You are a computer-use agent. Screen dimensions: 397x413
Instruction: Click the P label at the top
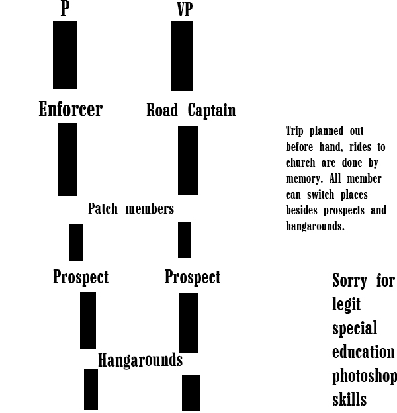pyautogui.click(x=65, y=9)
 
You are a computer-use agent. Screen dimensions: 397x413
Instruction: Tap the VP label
pyautogui.click(x=185, y=9)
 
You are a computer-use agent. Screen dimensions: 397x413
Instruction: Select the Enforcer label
pyautogui.click(x=71, y=109)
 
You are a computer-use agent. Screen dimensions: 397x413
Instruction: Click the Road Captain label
pyautogui.click(x=191, y=110)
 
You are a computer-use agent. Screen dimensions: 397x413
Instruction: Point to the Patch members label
pyautogui.click(x=131, y=208)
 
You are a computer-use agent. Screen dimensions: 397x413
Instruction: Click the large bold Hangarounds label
pyautogui.click(x=140, y=360)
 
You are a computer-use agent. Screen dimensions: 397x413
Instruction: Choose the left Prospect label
pyautogui.click(x=81, y=277)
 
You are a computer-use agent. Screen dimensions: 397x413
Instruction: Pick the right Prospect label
pyautogui.click(x=193, y=277)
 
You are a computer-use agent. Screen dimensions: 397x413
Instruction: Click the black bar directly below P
pyautogui.click(x=65, y=55)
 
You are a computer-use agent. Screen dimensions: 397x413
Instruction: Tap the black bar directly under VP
pyautogui.click(x=182, y=56)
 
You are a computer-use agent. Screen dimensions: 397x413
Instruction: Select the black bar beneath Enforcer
pyautogui.click(x=67, y=160)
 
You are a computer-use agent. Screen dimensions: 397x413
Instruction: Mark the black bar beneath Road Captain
pyautogui.click(x=188, y=160)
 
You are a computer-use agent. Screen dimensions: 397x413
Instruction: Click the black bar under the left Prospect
pyautogui.click(x=88, y=320)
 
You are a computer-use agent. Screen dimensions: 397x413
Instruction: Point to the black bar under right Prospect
pyautogui.click(x=189, y=322)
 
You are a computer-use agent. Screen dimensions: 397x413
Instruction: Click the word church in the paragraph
pyautogui.click(x=300, y=163)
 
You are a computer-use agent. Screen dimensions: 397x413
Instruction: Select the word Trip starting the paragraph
pyautogui.click(x=294, y=131)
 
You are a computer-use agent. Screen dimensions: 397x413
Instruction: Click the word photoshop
pyautogui.click(x=365, y=376)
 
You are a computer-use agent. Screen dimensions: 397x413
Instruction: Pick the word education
pyautogui.click(x=363, y=351)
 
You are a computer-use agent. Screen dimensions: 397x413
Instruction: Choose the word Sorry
pyautogui.click(x=350, y=281)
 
